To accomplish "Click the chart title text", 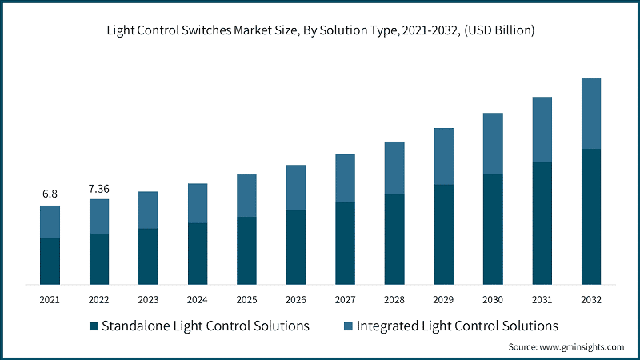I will tap(320, 31).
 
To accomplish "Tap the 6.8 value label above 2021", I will tap(50, 194).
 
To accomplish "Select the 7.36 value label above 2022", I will tap(99, 188).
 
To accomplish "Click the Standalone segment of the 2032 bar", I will tap(590, 216).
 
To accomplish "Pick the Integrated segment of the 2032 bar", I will tap(590, 114).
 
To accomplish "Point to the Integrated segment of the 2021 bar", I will tap(50, 222).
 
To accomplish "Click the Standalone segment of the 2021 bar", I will tap(50, 261).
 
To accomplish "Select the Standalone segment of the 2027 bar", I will tap(345, 243).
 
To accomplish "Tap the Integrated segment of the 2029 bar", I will tap(443, 156).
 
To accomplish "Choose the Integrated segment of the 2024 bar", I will tap(198, 203).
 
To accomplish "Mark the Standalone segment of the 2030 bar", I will tap(493, 229).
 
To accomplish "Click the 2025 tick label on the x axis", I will tap(246, 300).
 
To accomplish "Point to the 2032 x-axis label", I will tap(590, 300).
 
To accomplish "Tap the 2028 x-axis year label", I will tap(394, 300).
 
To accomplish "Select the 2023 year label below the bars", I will tap(148, 300).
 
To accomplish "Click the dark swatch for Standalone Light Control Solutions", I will tap(94, 326).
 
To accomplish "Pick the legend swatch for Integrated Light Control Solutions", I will tap(348, 326).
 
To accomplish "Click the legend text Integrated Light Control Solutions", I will tap(458, 326).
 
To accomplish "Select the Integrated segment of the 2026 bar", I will tap(296, 187).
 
